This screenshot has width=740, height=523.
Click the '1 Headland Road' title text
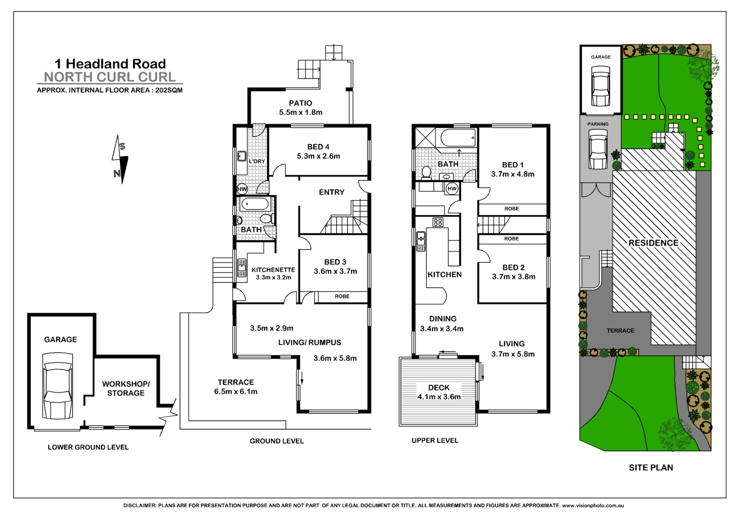pos(110,64)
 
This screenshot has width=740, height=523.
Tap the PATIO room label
pos(300,103)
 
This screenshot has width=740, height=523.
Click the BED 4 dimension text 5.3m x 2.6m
pos(318,156)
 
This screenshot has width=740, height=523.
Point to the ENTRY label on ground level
pos(331,192)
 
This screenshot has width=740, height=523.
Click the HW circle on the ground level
pos(242,189)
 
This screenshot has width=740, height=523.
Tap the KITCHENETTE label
pos(273,270)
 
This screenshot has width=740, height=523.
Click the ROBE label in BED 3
pos(342,296)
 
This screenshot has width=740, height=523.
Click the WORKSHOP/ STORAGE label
pos(126,388)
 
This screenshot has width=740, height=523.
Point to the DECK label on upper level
pos(439,388)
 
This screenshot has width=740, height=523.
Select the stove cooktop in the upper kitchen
pos(438,222)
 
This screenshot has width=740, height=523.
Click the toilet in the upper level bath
pos(427,172)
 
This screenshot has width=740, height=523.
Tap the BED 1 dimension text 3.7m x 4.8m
pos(513,174)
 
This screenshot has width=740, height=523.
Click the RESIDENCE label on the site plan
pos(653,243)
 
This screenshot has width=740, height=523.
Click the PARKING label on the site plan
pos(598,124)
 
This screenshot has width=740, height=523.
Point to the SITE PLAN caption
pos(651,468)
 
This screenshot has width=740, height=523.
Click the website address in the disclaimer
pos(593,506)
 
